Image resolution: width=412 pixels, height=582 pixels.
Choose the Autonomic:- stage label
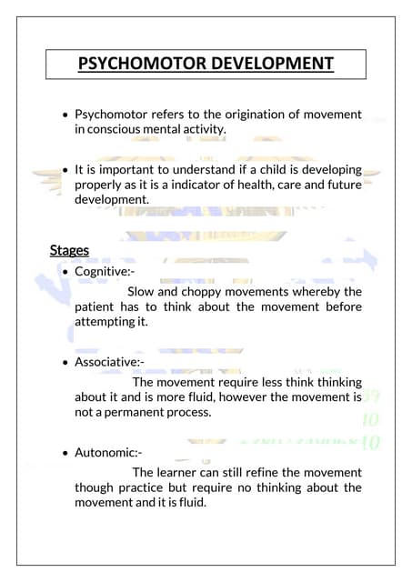(x=108, y=452)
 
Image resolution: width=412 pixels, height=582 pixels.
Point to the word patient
(x=97, y=306)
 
